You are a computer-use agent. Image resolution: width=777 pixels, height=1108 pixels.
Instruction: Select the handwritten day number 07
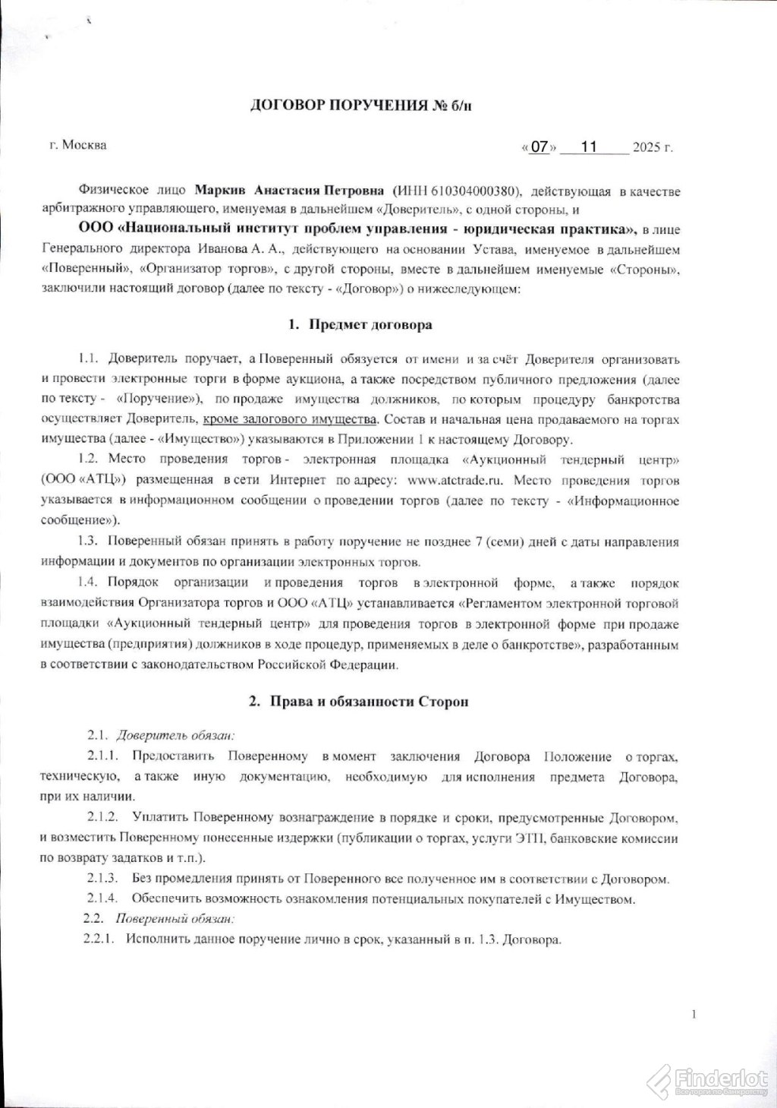(539, 147)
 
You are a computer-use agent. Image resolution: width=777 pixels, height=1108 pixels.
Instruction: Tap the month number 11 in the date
(589, 147)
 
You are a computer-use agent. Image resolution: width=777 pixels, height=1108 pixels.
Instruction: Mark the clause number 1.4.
(89, 582)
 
